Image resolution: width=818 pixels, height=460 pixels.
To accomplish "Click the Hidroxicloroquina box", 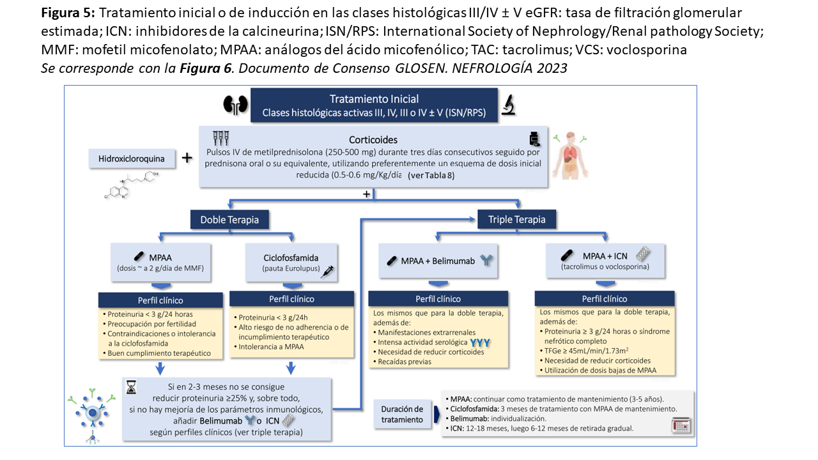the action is pyautogui.click(x=130, y=158).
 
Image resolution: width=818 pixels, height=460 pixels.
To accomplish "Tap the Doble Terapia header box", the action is pyautogui.click(x=229, y=220).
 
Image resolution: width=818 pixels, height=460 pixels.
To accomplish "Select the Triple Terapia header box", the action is pyautogui.click(x=516, y=220).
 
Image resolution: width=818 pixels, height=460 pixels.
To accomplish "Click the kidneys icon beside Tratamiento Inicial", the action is pyautogui.click(x=235, y=104).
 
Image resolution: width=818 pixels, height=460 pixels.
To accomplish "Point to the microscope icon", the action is pyautogui.click(x=509, y=104).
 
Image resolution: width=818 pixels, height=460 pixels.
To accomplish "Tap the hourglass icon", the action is pyautogui.click(x=132, y=388).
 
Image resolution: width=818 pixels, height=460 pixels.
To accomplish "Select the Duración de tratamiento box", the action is pyautogui.click(x=403, y=414).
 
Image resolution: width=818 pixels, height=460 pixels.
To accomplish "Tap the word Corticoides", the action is pyautogui.click(x=373, y=139).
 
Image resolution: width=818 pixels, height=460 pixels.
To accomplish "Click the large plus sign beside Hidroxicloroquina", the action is pyautogui.click(x=187, y=158).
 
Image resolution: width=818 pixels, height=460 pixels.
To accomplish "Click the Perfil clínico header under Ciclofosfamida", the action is pyautogui.click(x=291, y=298).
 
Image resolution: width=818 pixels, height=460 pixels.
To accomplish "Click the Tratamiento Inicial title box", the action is pyautogui.click(x=374, y=105).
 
